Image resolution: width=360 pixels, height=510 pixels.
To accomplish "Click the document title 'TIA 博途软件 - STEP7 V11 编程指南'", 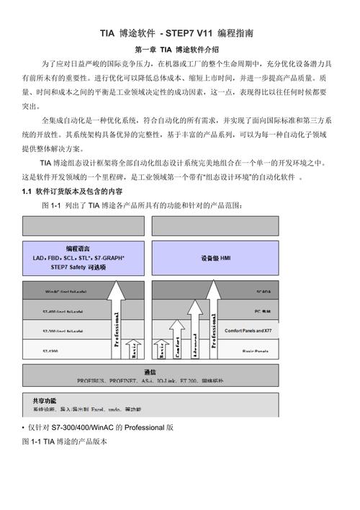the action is (180, 33).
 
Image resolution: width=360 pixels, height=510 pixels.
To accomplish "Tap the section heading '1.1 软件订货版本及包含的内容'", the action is (72, 192).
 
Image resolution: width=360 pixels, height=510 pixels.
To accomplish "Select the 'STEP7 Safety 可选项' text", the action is (78, 267).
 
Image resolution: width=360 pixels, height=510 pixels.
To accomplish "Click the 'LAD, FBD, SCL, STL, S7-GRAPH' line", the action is (78, 257).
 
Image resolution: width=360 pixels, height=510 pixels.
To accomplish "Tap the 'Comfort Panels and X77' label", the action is (248, 331).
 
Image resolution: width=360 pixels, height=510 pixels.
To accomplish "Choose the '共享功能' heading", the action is (44, 400).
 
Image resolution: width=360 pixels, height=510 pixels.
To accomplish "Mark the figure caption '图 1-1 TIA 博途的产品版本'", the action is (65, 441).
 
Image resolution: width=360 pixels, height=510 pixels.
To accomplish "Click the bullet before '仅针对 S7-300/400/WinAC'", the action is (24, 427).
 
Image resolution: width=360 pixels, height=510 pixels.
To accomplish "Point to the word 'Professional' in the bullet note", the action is (145, 427).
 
